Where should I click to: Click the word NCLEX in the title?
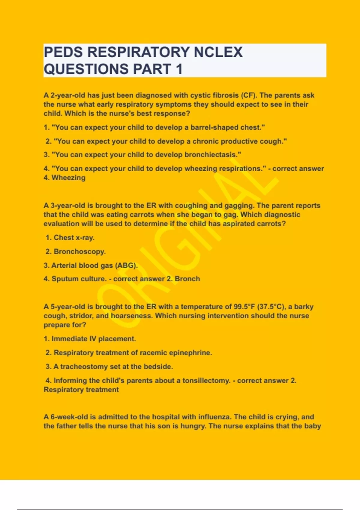[218, 52]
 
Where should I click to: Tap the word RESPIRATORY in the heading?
[138, 52]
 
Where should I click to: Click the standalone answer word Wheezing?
[68, 178]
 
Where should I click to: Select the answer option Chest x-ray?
[74, 238]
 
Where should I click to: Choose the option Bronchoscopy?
[79, 252]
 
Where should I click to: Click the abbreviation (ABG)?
[126, 265]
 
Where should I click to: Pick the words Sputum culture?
[79, 279]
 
